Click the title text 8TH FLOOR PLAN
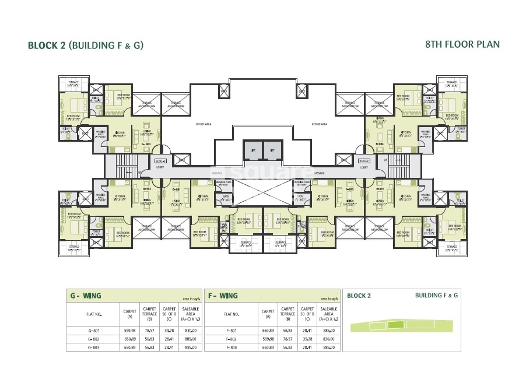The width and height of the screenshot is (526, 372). (x=462, y=44)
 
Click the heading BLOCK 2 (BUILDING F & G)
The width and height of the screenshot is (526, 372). (x=86, y=45)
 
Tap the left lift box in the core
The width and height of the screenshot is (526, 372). (x=253, y=150)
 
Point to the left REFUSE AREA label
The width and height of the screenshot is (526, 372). (x=202, y=124)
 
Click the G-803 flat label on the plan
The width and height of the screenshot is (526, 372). (x=146, y=143)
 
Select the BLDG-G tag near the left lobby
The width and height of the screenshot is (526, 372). (x=160, y=160)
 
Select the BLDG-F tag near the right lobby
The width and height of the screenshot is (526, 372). (x=364, y=160)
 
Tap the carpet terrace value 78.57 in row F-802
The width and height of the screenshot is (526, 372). (x=287, y=339)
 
